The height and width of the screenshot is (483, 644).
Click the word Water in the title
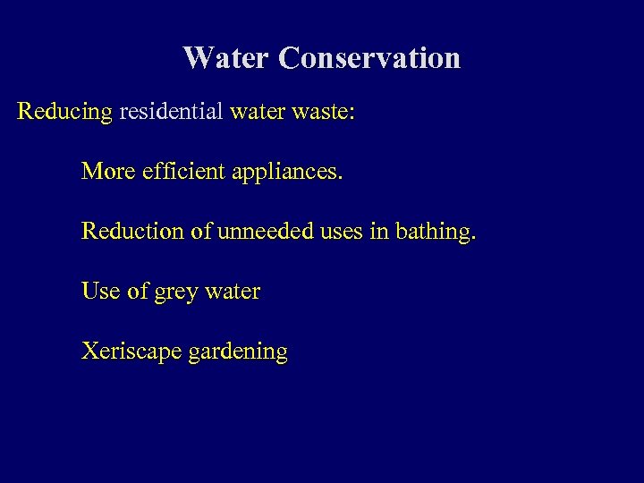coord(226,58)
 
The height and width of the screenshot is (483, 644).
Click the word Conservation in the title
coord(369,58)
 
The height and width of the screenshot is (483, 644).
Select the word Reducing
coord(65,113)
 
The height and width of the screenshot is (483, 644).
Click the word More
coord(107,171)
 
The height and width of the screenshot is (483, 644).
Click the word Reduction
coord(131,231)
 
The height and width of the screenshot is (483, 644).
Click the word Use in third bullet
coord(98,291)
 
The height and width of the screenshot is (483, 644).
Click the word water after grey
coord(232,291)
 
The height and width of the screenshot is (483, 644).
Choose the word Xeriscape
coord(131,352)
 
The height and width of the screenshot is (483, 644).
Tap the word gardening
coord(238,352)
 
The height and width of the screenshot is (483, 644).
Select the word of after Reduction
coord(200,231)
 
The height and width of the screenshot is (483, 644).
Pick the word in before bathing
coord(378,231)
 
